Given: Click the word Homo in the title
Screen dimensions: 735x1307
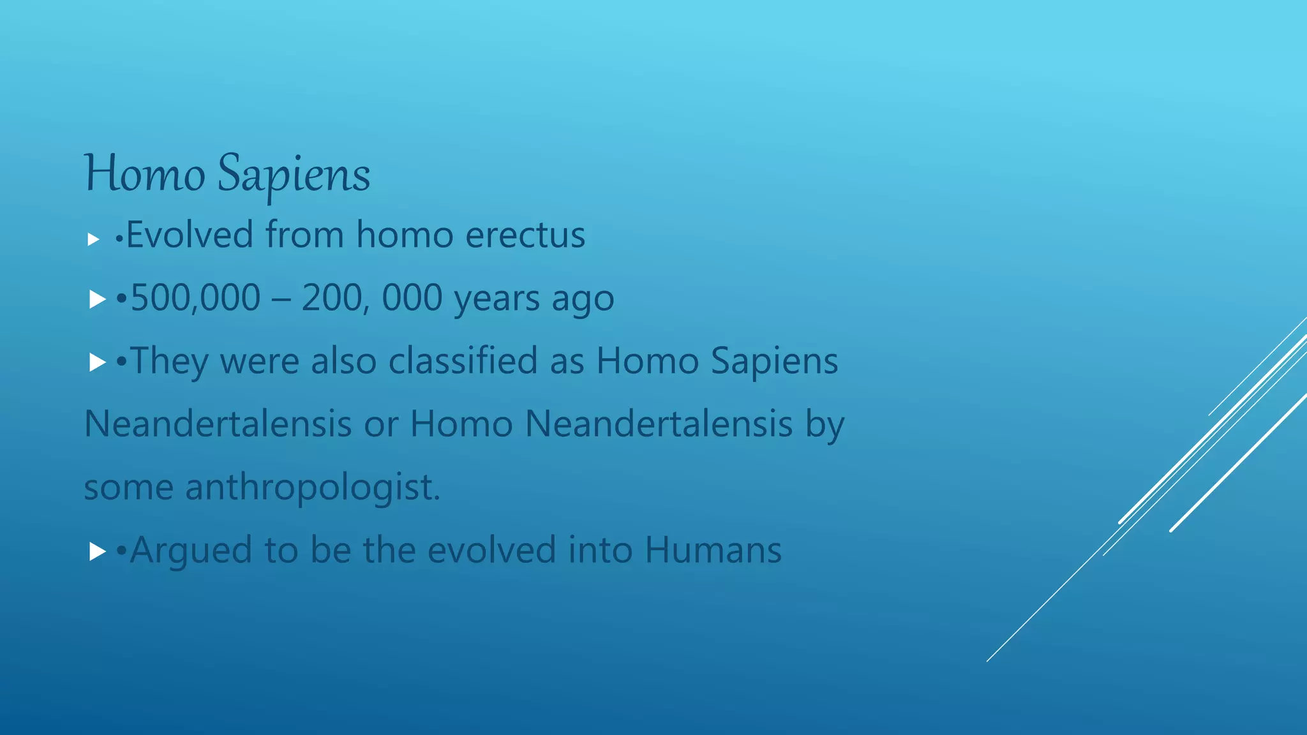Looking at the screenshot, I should [144, 174].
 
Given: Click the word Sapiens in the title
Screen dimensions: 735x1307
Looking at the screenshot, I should [294, 175].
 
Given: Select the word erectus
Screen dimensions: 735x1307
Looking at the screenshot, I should [525, 235].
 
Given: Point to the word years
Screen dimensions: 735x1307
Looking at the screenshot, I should [497, 299].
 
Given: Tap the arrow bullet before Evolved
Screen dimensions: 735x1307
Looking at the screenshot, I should [94, 240].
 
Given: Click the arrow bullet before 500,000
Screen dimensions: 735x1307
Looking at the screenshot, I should [97, 299].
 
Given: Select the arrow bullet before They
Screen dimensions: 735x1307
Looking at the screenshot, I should [97, 362].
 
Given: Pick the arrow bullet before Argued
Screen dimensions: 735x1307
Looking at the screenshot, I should [97, 551].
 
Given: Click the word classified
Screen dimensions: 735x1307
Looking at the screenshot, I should [463, 360].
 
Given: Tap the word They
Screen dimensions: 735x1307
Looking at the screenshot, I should [168, 362].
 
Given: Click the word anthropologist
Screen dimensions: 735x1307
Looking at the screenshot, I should [312, 487].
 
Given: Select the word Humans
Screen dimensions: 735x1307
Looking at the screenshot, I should [713, 550].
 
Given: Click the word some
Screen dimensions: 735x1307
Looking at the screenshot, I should [128, 488].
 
